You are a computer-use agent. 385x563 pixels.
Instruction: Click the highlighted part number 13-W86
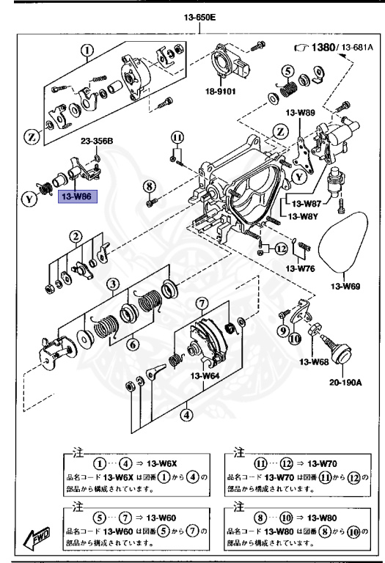[x=76, y=197]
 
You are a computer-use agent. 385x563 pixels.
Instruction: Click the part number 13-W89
[x=300, y=113]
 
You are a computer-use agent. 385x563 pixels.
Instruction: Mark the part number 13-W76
[x=301, y=269]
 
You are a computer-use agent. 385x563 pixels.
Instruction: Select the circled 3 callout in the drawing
[x=111, y=284]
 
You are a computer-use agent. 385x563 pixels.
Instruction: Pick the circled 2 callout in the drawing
[x=76, y=236]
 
